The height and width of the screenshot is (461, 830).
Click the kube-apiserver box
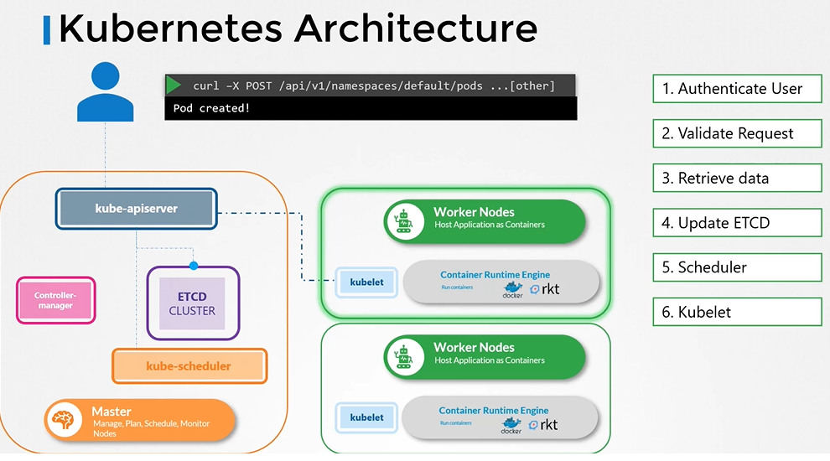click(137, 209)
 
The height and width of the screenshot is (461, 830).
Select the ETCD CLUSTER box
click(192, 303)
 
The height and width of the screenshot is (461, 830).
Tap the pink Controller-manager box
click(55, 301)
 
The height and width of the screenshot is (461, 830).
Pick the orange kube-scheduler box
click(189, 366)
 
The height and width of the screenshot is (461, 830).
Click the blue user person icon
click(105, 91)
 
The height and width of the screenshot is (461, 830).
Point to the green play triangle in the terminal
click(174, 85)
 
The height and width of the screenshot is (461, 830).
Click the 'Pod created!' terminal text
click(211, 109)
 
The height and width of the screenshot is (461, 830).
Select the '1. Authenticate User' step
click(737, 89)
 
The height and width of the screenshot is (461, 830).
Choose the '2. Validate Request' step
click(737, 133)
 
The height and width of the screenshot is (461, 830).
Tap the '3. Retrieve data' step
click(737, 178)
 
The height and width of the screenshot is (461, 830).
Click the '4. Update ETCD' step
click(737, 223)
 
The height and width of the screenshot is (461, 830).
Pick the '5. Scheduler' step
click(737, 267)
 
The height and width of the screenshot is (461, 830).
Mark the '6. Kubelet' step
click(737, 312)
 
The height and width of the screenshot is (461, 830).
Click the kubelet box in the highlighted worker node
click(366, 282)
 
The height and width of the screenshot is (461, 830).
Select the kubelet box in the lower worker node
click(366, 417)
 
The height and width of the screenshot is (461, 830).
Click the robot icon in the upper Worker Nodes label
click(406, 220)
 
